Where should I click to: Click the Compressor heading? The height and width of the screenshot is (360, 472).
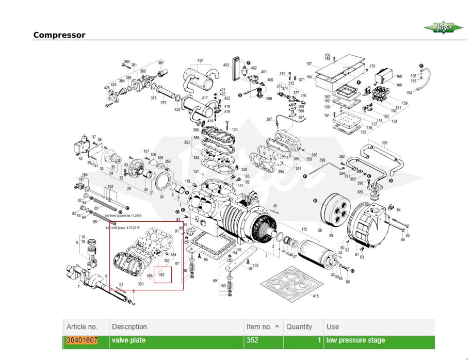pyautogui.click(x=59, y=35)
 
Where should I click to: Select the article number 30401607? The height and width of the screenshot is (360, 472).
pyautogui.click(x=82, y=340)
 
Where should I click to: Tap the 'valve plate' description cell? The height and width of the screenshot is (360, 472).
pyautogui.click(x=129, y=340)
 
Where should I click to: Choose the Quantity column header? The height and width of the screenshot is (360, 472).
pyautogui.click(x=300, y=326)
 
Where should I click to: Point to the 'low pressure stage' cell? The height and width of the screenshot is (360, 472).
pyautogui.click(x=355, y=340)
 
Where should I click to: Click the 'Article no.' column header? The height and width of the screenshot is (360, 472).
pyautogui.click(x=82, y=326)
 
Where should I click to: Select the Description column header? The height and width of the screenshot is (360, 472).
pyautogui.click(x=129, y=326)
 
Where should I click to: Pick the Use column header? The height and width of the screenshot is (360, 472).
pyautogui.click(x=333, y=326)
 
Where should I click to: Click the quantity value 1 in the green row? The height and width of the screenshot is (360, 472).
pyautogui.click(x=319, y=340)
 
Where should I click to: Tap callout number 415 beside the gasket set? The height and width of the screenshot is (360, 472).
pyautogui.click(x=316, y=296)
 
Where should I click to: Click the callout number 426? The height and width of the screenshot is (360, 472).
pyautogui.click(x=200, y=61)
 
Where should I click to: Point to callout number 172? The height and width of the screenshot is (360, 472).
pyautogui.click(x=304, y=230)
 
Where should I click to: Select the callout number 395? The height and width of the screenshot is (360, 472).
pyautogui.click(x=384, y=143)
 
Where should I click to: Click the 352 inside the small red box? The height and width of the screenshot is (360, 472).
pyautogui.click(x=162, y=275)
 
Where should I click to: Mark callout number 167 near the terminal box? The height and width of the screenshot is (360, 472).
pyautogui.click(x=309, y=64)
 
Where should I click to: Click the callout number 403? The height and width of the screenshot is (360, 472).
pyautogui.click(x=226, y=65)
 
